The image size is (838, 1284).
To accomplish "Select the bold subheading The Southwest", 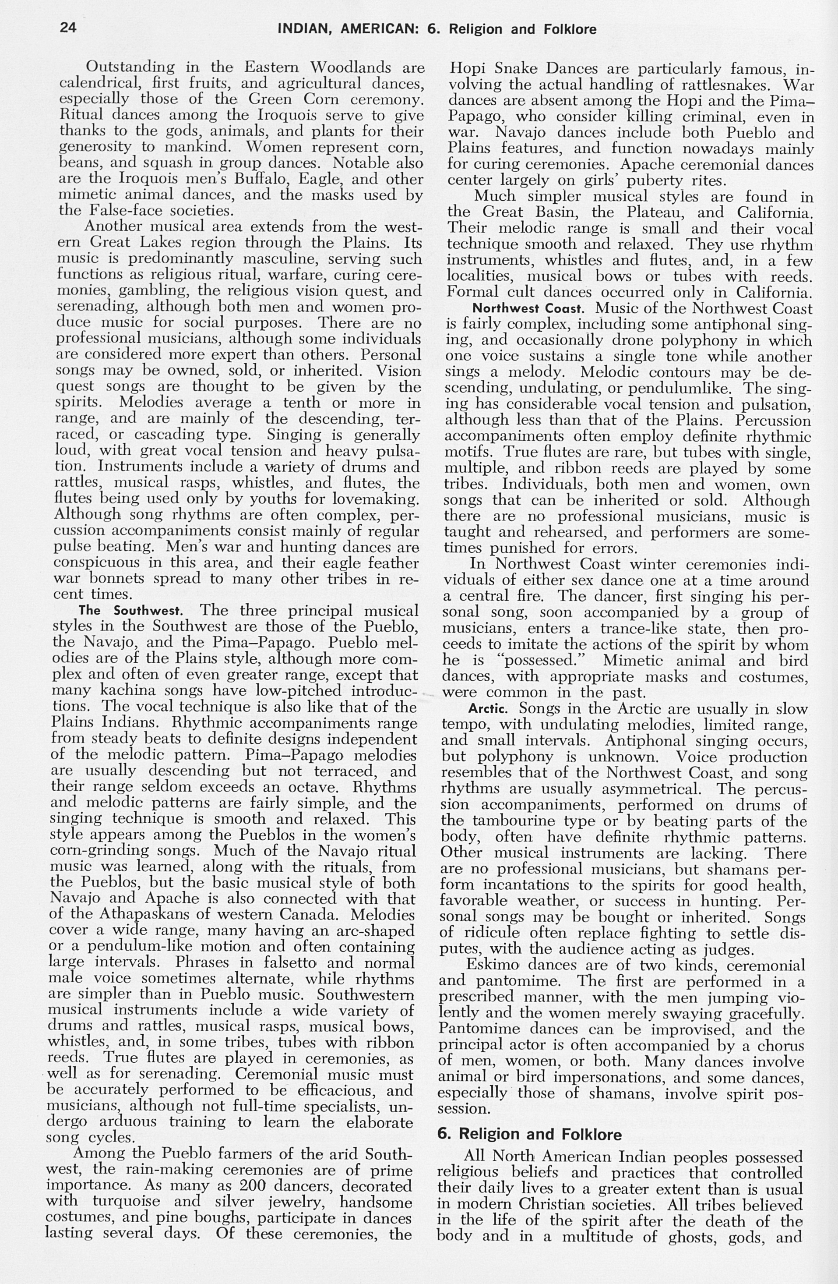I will (x=132, y=611).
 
